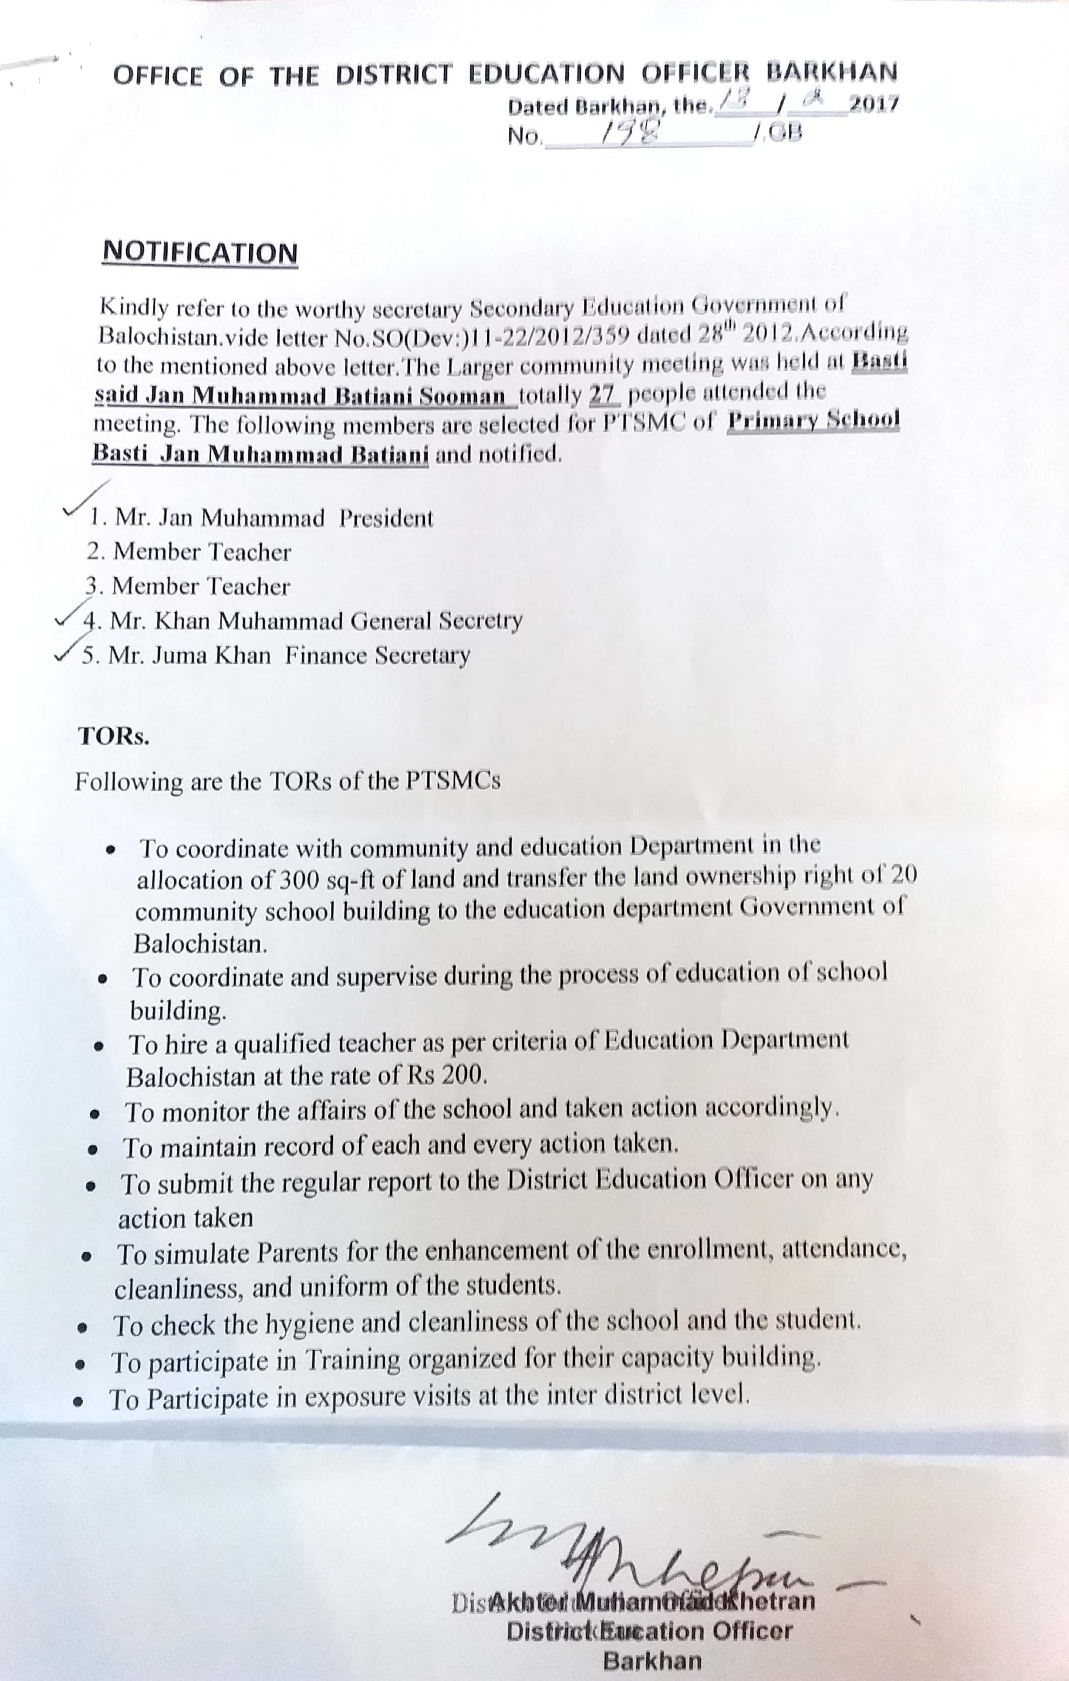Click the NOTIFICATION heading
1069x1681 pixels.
point(200,253)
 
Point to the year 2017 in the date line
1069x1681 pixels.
point(873,104)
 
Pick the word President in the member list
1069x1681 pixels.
point(386,518)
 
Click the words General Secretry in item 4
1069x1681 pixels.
point(436,621)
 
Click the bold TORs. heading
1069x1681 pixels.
point(113,736)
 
